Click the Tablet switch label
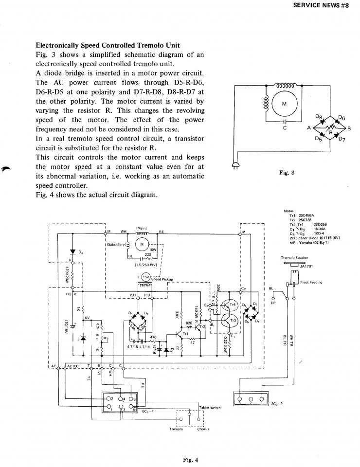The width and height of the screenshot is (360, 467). pyautogui.click(x=210, y=407)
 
